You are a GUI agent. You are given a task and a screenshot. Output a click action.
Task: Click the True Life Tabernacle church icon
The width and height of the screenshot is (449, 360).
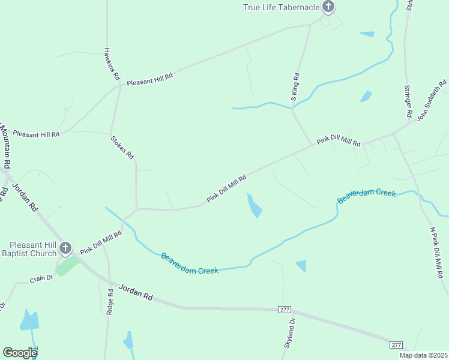pyautogui.click(x=328, y=7)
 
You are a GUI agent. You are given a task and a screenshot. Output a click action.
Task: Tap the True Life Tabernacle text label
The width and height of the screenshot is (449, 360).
pyautogui.click(x=281, y=7)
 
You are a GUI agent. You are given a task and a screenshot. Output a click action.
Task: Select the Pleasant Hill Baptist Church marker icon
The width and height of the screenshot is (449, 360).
pyautogui.click(x=65, y=248)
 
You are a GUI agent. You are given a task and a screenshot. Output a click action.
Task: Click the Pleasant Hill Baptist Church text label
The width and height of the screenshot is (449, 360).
pyautogui.click(x=33, y=249)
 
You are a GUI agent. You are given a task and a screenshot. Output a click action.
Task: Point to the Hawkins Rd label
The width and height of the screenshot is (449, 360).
pyautogui.click(x=112, y=64)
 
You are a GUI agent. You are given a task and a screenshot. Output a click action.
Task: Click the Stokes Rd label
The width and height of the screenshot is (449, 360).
pyautogui.click(x=122, y=147)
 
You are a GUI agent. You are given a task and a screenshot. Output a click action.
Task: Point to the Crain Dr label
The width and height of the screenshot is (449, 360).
pyautogui.click(x=41, y=279)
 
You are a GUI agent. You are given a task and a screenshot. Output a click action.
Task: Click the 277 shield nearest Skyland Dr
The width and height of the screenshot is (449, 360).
pyautogui.click(x=285, y=309)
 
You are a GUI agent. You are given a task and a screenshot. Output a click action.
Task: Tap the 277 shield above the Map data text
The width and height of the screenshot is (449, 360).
pyautogui.click(x=396, y=344)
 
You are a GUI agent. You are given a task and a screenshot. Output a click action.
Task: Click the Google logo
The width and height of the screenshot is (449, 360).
pyautogui.click(x=20, y=353)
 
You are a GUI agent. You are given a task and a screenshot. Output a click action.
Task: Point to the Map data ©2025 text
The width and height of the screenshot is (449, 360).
pyautogui.click(x=423, y=355)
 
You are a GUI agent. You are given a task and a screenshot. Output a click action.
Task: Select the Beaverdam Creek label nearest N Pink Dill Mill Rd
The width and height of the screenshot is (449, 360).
pyautogui.click(x=367, y=196)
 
